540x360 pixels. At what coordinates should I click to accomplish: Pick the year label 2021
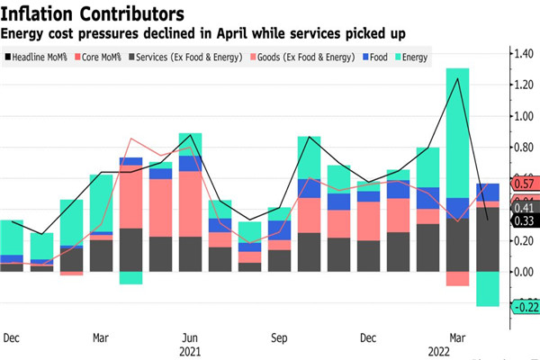[x=189, y=350]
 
